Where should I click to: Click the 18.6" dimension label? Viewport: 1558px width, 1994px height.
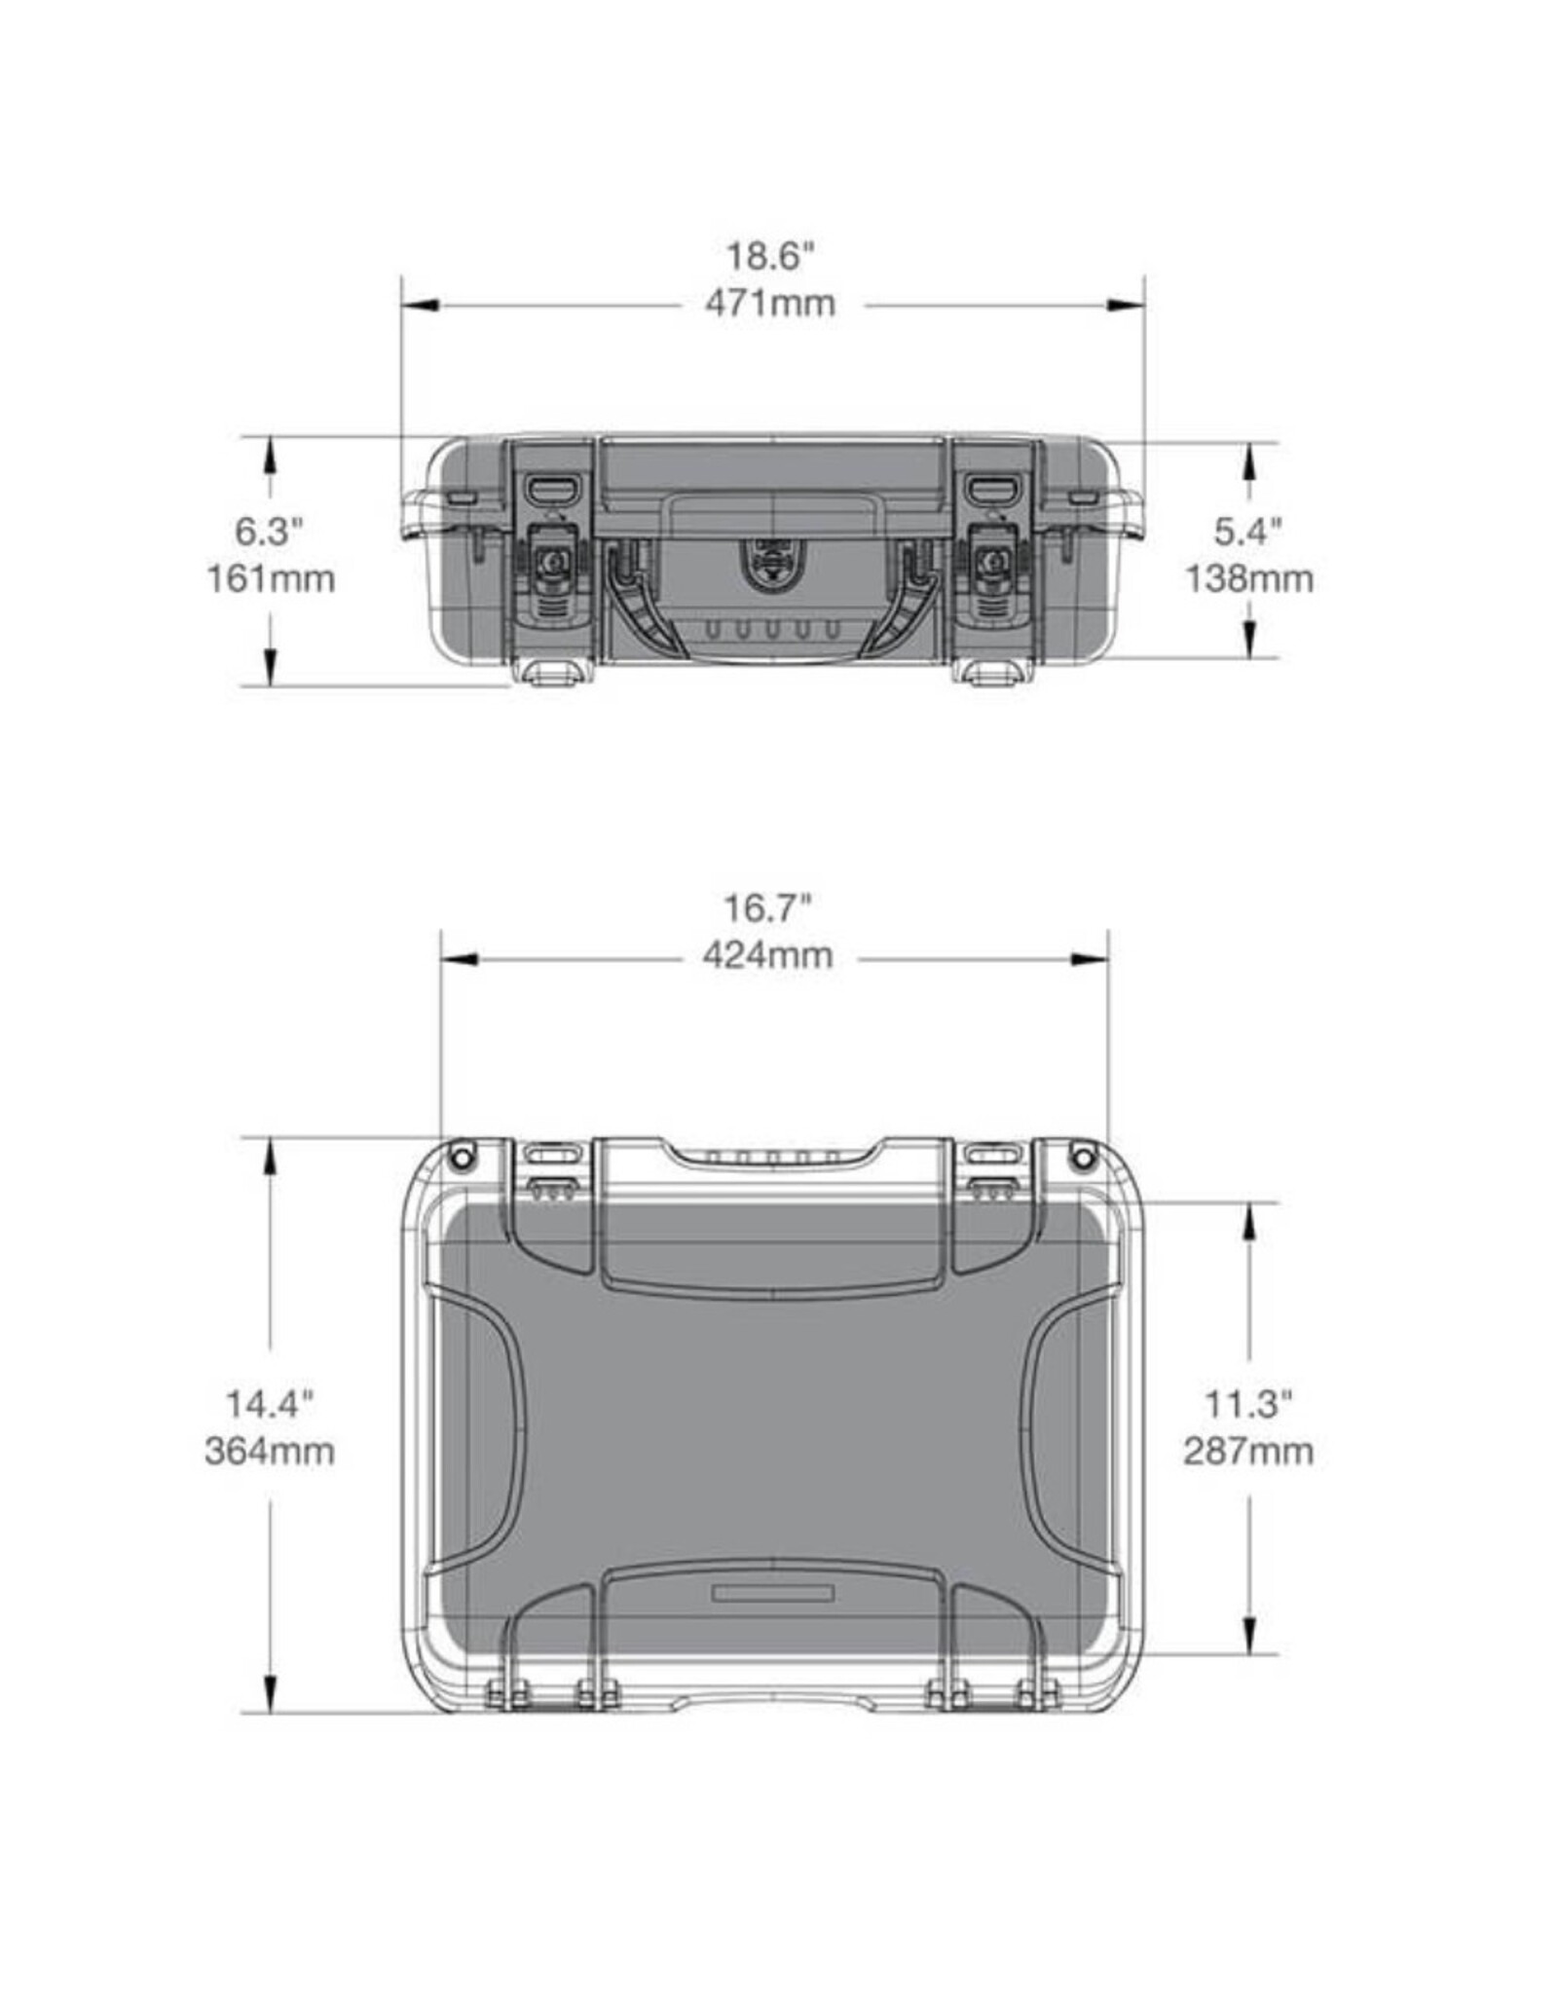click(x=769, y=257)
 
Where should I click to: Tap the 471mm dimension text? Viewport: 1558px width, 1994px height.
click(x=769, y=304)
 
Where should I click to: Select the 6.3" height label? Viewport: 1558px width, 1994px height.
click(x=270, y=532)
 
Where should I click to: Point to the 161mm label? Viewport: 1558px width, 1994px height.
click(x=270, y=579)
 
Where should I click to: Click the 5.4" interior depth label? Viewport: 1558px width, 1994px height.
click(x=1248, y=532)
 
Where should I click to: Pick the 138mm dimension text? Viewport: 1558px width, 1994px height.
click(x=1248, y=579)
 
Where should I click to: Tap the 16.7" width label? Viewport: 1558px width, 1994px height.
click(x=767, y=908)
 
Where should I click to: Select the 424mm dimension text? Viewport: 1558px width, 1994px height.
click(x=767, y=956)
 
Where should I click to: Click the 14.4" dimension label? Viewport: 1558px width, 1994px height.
click(x=270, y=1404)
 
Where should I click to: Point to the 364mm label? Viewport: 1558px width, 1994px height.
click(x=270, y=1452)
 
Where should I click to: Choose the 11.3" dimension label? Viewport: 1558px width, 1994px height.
click(x=1248, y=1404)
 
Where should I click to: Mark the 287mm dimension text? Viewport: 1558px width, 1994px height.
click(x=1248, y=1452)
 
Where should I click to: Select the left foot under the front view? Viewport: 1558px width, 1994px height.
click(x=553, y=674)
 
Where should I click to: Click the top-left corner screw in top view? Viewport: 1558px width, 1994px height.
click(x=463, y=1157)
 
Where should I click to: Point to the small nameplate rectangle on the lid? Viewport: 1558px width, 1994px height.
click(x=773, y=1593)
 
